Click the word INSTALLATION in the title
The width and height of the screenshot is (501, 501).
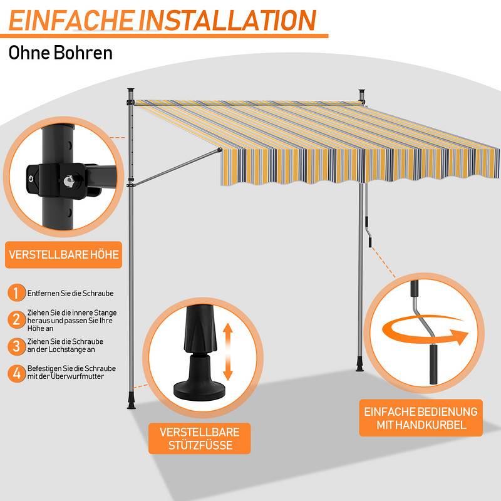click(227, 20)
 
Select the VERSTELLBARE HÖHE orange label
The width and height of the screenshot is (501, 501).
click(64, 255)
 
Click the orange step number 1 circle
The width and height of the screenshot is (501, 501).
click(17, 292)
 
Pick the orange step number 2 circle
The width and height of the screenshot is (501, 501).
click(17, 319)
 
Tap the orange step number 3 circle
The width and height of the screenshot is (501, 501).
click(17, 346)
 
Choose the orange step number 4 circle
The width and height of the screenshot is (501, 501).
click(17, 373)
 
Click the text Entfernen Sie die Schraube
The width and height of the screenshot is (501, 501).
click(70, 293)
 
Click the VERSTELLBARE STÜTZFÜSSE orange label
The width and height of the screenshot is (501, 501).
click(200, 438)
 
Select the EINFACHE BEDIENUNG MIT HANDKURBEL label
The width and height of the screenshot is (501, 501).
click(421, 418)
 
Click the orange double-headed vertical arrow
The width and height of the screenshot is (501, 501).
click(227, 351)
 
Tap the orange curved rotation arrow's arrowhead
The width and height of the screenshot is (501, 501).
click(460, 337)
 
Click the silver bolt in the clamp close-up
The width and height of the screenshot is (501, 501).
click(69, 181)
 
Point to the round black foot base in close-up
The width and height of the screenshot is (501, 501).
click(199, 390)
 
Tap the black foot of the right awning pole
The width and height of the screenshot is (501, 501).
click(360, 366)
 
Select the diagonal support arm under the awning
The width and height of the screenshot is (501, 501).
click(176, 167)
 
